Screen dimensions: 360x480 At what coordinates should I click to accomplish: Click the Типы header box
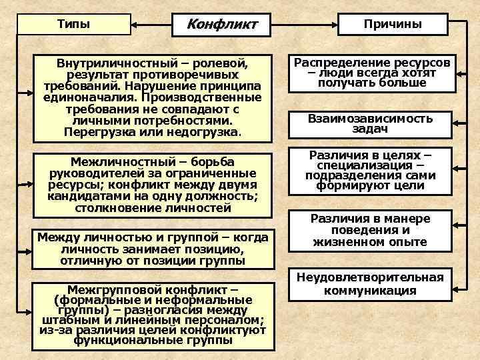[73, 24]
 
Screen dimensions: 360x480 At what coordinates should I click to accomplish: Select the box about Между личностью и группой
[153, 249]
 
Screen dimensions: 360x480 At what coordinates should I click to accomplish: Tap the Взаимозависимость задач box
[370, 124]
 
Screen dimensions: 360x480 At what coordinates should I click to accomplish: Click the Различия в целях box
[370, 171]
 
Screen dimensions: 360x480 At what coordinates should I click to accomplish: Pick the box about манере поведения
[370, 231]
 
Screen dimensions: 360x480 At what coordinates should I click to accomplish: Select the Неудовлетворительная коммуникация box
[370, 284]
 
